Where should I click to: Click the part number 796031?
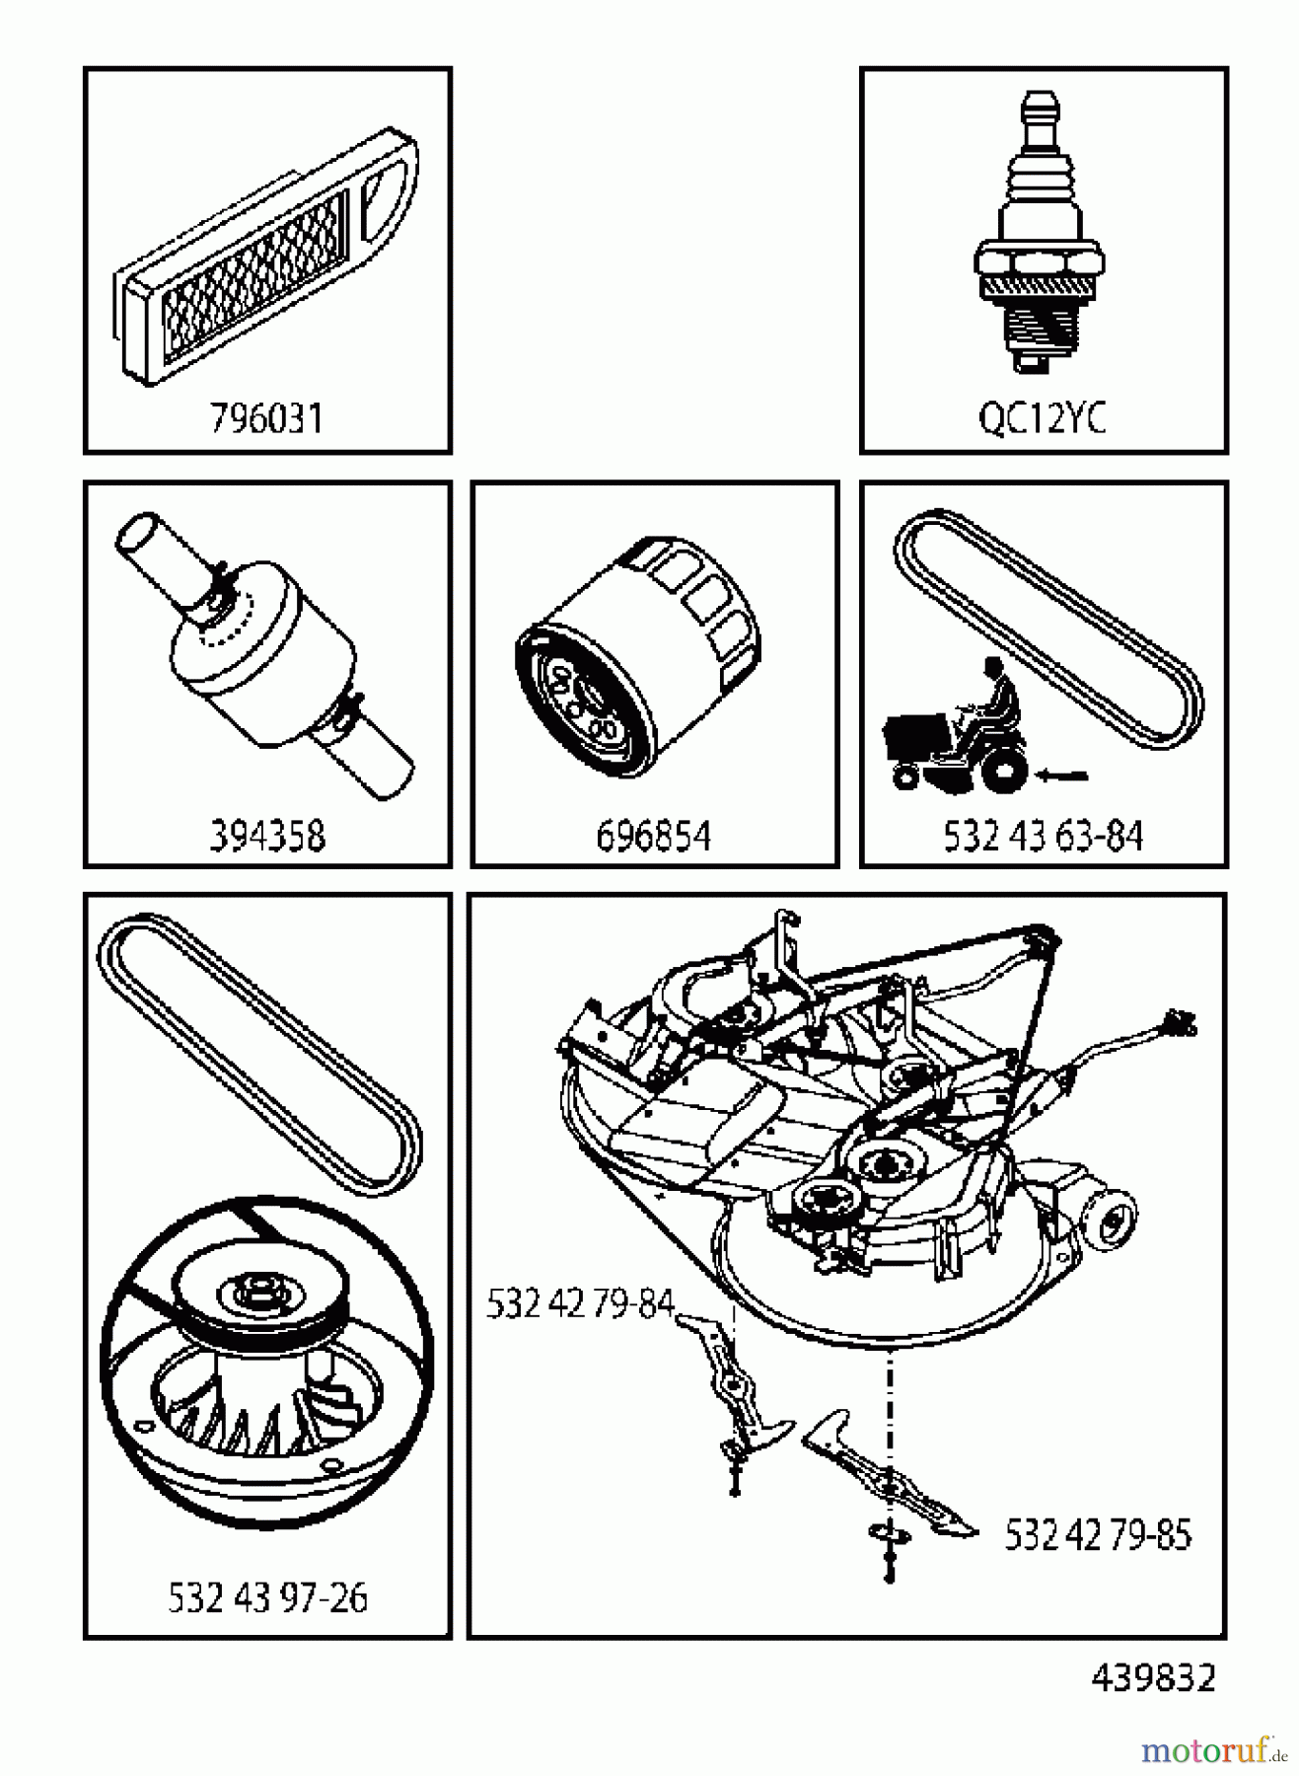tap(266, 418)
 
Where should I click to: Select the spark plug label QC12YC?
tap(1043, 418)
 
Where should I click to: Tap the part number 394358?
tap(266, 836)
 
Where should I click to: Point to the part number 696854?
tap(653, 836)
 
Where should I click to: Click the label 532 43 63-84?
tap(1043, 836)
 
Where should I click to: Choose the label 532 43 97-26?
tap(267, 1597)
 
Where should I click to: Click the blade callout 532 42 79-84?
tap(579, 1303)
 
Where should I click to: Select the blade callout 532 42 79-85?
tap(1097, 1534)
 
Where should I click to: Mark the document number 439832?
tap(1153, 1677)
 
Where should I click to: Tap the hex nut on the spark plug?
tap(1038, 259)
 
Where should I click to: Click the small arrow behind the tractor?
tap(1061, 777)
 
